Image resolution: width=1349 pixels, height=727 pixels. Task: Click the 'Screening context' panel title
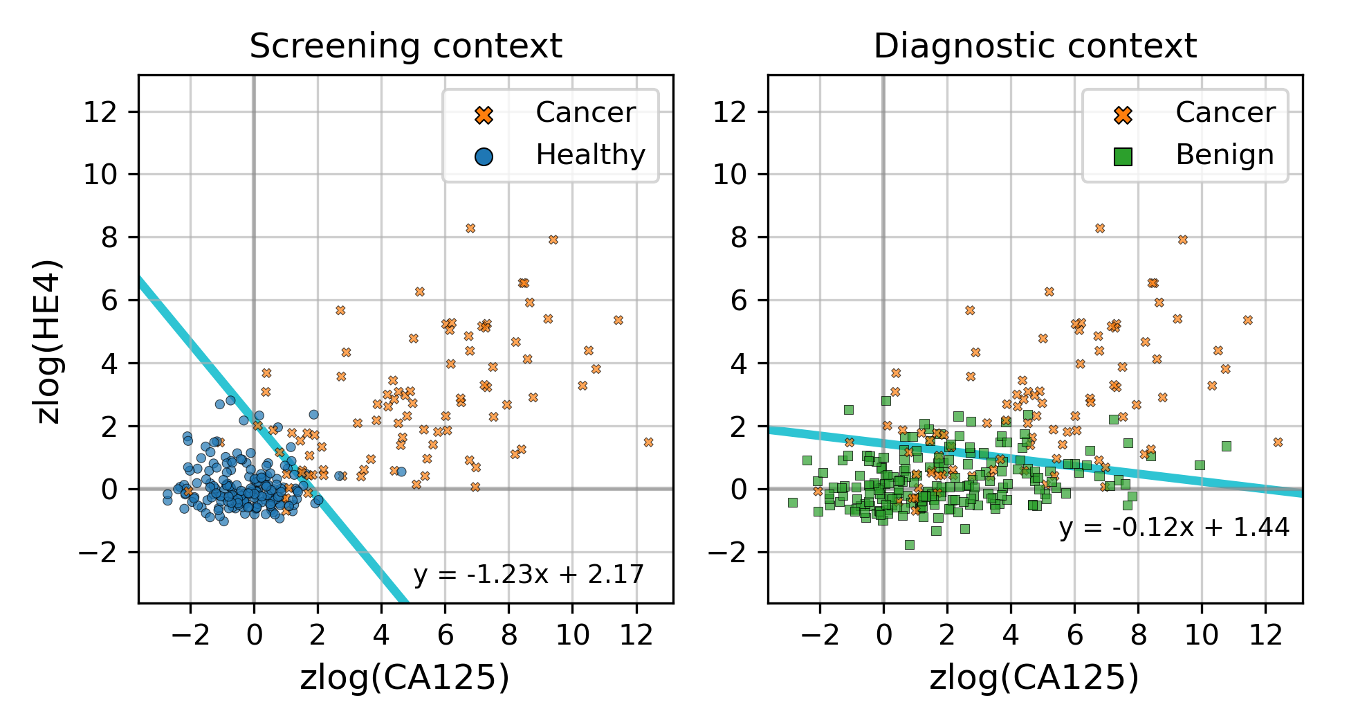tap(405, 47)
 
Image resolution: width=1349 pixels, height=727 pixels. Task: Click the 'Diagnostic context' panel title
tap(1035, 47)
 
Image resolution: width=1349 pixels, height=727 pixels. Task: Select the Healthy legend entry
tap(589, 155)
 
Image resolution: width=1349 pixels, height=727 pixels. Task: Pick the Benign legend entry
tap(1224, 155)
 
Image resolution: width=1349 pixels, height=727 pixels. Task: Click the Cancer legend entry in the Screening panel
tap(585, 113)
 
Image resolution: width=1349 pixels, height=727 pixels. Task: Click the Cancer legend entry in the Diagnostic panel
tap(1224, 113)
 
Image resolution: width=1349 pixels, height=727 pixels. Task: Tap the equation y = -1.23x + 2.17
tap(529, 575)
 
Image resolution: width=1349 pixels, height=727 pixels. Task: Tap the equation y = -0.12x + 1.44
tap(1174, 528)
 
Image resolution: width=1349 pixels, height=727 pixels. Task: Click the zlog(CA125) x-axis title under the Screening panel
tap(405, 678)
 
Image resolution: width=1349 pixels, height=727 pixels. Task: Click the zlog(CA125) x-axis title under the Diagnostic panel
tap(1034, 678)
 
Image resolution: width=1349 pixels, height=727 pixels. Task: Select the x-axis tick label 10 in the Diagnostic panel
tap(1202, 634)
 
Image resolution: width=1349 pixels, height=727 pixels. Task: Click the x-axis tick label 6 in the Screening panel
tap(445, 634)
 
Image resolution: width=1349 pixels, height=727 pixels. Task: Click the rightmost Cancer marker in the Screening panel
tap(648, 442)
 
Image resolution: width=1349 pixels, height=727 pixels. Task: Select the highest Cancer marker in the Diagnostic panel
tap(1100, 228)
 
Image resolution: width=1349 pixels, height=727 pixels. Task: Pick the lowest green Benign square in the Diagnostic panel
tap(910, 545)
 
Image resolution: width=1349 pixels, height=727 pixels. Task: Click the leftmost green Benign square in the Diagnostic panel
tap(793, 503)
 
